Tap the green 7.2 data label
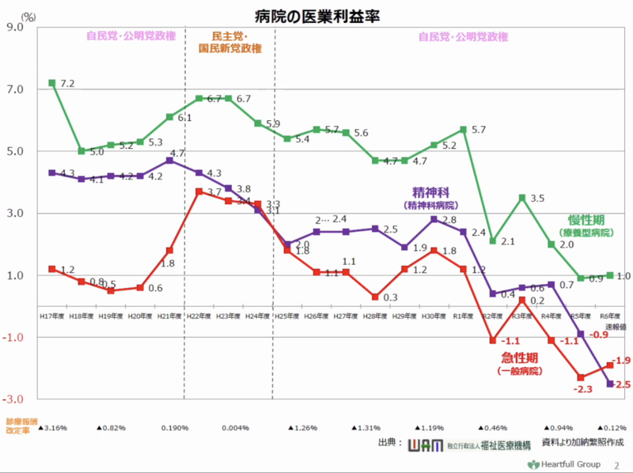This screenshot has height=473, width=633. tap(67, 83)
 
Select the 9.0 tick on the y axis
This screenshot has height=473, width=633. tap(17, 27)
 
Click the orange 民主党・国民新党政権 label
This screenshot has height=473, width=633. tap(230, 42)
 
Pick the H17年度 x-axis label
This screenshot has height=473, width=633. tap(51, 316)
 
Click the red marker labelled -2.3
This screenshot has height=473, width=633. tap(580, 377)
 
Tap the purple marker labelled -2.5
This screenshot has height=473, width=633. tap(609, 384)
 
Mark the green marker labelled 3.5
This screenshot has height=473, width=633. tap(521, 197)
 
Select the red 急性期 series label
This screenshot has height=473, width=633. tap(517, 357)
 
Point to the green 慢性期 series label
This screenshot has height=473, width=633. tap(586, 219)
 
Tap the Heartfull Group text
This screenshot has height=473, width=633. tap(566, 464)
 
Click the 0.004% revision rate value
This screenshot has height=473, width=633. tap(237, 428)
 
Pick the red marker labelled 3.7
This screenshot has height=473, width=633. tap(199, 191)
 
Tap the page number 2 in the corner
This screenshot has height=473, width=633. tap(616, 464)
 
